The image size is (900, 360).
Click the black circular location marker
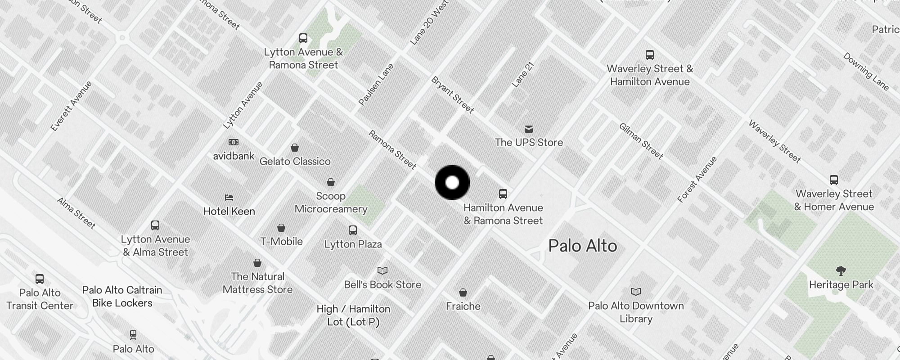tap(452, 183)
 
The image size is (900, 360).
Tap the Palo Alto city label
tap(583, 246)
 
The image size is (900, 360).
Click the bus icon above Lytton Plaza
tap(353, 230)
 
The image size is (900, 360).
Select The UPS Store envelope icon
tap(529, 129)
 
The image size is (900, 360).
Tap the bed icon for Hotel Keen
tap(229, 198)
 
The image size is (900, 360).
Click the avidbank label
tap(234, 156)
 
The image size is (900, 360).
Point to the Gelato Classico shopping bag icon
tap(295, 148)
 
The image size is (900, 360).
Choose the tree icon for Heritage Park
tap(841, 271)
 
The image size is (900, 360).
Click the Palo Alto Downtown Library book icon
tap(635, 292)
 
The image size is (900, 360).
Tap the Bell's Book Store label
tap(382, 284)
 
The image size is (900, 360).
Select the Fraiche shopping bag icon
tap(463, 293)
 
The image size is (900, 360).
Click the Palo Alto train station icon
tap(133, 335)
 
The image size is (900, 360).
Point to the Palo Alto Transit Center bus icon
tap(40, 279)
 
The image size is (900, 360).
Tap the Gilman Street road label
tap(641, 141)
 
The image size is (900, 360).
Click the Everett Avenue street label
tap(71, 106)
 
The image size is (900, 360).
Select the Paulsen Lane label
tap(376, 85)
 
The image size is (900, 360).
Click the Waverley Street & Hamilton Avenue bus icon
tap(649, 55)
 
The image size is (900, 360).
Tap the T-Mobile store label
tap(281, 241)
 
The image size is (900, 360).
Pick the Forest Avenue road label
tap(697, 180)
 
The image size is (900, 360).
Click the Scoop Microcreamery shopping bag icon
tap(331, 182)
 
